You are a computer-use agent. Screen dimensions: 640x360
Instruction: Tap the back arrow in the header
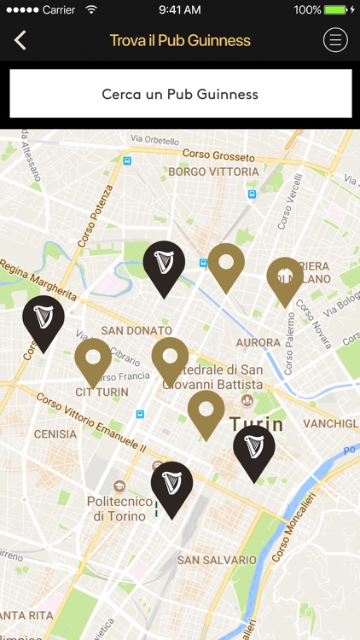20,40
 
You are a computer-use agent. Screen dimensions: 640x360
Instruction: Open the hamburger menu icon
335,40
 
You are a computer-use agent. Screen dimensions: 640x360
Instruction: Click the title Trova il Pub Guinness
180,40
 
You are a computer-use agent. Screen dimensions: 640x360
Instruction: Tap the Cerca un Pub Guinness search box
180,94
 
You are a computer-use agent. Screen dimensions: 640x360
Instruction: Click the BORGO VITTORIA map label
213,172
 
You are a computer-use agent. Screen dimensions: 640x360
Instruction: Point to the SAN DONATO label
136,330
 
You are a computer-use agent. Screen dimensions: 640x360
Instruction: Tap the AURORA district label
258,342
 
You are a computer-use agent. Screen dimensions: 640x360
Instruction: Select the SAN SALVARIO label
216,560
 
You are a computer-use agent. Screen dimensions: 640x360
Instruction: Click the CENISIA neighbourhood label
55,433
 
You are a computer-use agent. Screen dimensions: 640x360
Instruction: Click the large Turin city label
256,423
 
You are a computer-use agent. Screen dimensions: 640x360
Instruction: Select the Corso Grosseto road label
218,155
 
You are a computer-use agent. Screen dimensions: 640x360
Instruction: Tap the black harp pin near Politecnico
171,487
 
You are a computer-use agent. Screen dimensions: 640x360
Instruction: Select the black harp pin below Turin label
254,451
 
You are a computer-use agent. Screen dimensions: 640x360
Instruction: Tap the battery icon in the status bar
338,9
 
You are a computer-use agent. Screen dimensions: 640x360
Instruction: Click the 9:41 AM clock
180,9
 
